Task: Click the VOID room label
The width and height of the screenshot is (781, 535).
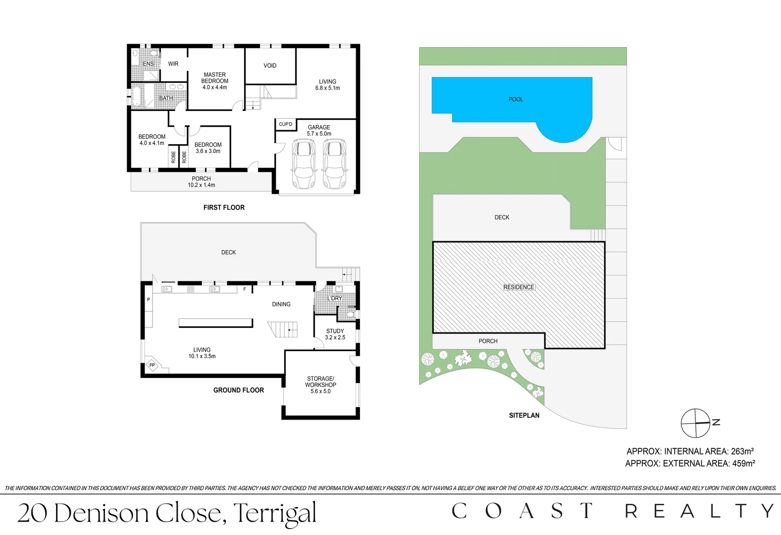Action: pos(270,65)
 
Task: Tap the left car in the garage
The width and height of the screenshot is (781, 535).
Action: pos(304,164)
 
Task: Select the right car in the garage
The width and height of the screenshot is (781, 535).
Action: pos(334,164)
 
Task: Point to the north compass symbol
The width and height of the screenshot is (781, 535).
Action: pos(696,424)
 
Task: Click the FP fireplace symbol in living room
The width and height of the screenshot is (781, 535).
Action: pos(152,365)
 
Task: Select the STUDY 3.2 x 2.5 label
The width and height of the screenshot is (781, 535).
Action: pos(335,334)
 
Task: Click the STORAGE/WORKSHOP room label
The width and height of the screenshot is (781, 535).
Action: pos(320,384)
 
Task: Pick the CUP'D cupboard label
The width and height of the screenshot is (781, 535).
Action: pos(286,124)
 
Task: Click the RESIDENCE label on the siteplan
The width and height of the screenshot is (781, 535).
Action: pos(519,287)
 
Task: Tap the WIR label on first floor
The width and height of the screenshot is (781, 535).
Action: pos(173,64)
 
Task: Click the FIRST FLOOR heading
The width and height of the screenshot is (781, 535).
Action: pos(224,208)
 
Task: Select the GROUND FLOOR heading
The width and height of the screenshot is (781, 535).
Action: pos(239,390)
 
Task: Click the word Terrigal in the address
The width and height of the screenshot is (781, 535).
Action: pos(274,514)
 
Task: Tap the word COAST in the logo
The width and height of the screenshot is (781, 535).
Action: pos(522,511)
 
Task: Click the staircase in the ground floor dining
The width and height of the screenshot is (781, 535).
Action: pos(284,329)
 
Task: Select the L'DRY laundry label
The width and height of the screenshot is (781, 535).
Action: pos(335,298)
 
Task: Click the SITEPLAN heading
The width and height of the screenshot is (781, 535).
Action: pos(524,416)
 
